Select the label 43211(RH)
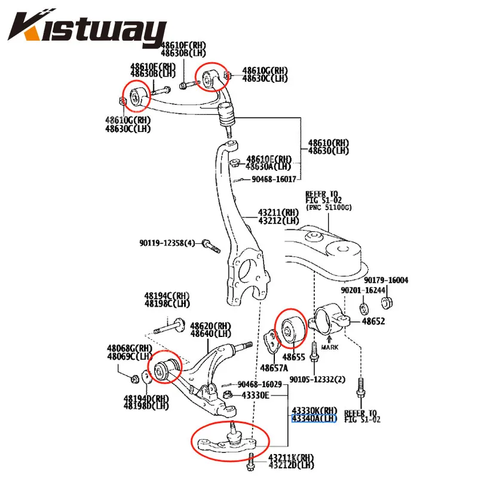coord(278,212)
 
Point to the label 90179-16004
coord(386,280)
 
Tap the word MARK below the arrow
coord(330,347)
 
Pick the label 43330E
coord(256,395)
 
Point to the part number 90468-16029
coord(259,384)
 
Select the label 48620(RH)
coord(210,326)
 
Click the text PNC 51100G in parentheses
coord(329,208)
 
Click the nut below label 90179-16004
coord(386,301)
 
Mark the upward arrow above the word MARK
coord(330,338)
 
